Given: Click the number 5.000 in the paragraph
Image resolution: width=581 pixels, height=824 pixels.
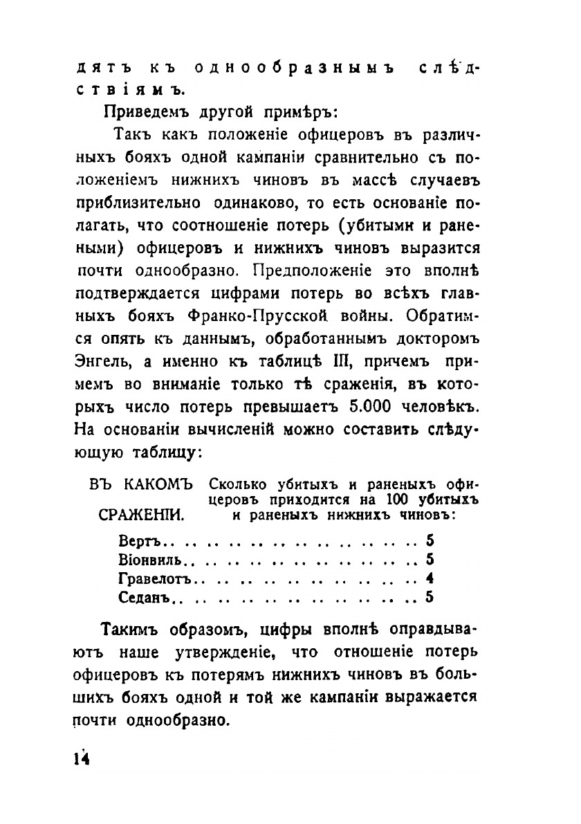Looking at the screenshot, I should coord(391,405).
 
